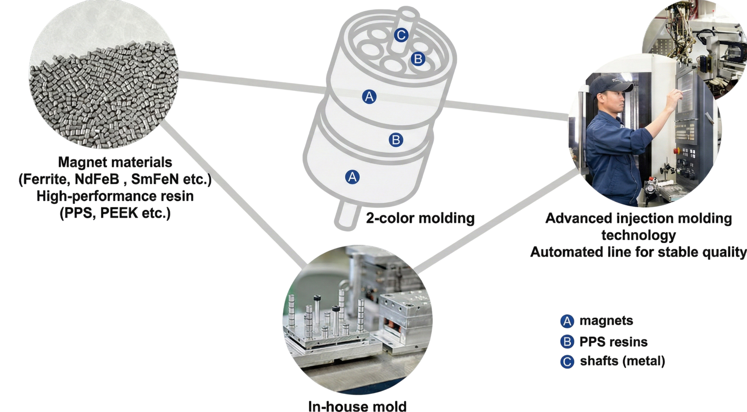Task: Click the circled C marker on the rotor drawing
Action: click(401, 35)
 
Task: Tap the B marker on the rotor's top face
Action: click(418, 59)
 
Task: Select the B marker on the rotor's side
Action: click(396, 140)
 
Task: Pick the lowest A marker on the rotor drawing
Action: click(352, 177)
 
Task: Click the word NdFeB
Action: click(97, 179)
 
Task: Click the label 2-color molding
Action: click(420, 218)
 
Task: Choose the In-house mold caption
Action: click(357, 406)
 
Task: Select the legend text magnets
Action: click(606, 320)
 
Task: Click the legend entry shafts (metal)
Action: click(622, 361)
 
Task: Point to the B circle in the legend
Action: click(567, 341)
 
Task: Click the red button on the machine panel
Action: click(676, 151)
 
